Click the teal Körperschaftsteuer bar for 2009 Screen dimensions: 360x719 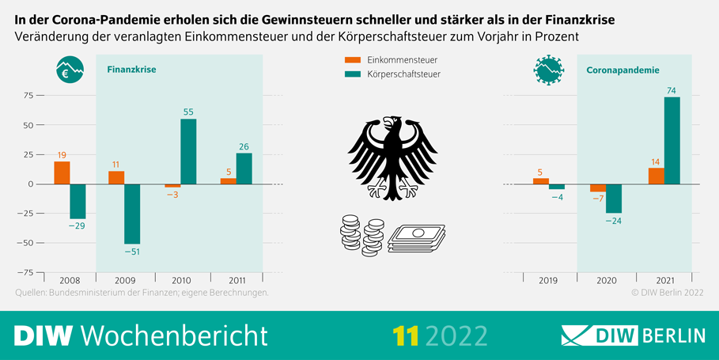click(132, 214)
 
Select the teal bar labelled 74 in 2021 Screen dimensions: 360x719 click(672, 140)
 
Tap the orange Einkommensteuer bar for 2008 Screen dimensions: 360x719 click(62, 172)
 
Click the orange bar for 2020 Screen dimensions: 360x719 click(597, 188)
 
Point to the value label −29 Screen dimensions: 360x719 click(78, 226)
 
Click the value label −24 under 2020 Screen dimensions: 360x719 click(613, 221)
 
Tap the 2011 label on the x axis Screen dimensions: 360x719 click(236, 280)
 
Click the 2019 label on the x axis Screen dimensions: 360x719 click(548, 280)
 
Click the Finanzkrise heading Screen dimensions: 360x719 click(131, 70)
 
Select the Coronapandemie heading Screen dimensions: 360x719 click(623, 70)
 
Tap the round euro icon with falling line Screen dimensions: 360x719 click(70, 71)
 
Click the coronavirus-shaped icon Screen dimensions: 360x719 click(548, 70)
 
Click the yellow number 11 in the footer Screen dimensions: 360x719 click(406, 335)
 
